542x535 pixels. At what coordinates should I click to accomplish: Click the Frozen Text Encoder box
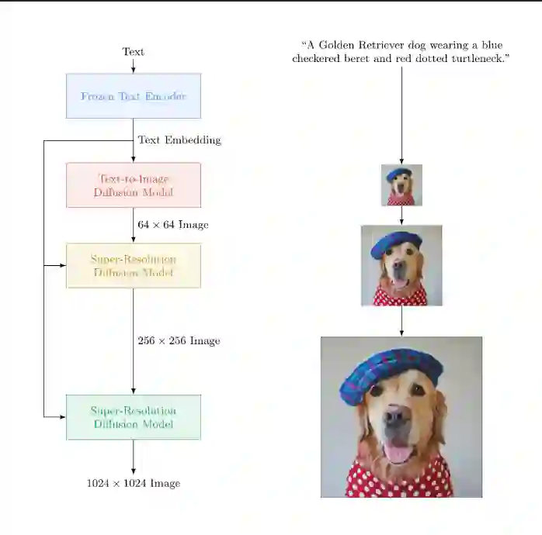(x=133, y=96)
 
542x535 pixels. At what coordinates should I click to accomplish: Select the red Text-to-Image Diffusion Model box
(x=133, y=185)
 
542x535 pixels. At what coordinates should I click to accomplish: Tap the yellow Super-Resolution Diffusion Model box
(x=133, y=266)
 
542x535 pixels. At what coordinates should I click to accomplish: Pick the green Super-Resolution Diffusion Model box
(x=133, y=417)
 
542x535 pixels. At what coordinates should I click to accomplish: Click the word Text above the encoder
(x=133, y=52)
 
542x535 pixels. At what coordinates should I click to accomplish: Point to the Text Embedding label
(x=179, y=140)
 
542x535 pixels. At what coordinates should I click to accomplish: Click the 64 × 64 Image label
(x=172, y=225)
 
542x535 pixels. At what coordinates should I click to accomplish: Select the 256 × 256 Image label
(x=179, y=341)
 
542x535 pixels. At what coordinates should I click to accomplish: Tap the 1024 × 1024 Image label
(x=133, y=483)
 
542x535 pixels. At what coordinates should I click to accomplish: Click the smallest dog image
(x=401, y=185)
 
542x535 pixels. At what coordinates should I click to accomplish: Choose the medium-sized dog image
(x=401, y=265)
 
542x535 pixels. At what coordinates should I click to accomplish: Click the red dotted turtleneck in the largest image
(x=400, y=481)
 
